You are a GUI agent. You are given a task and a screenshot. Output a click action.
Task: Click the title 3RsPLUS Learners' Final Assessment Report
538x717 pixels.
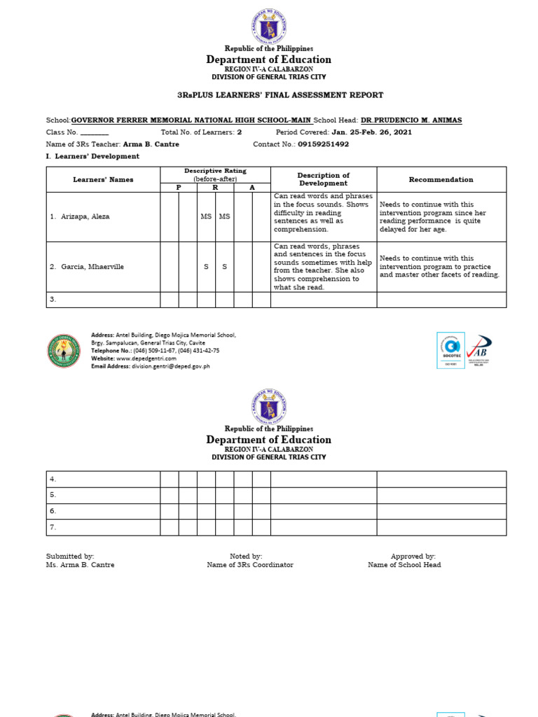268,95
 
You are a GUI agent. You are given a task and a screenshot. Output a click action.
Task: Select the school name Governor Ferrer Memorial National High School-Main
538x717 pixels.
191,120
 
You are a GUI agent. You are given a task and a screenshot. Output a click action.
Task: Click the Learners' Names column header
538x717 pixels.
103,180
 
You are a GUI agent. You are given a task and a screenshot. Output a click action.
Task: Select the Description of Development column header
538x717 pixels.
323,179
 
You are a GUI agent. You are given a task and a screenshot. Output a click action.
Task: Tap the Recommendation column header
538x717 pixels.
441,180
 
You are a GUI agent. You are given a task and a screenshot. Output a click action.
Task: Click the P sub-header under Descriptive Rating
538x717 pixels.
178,188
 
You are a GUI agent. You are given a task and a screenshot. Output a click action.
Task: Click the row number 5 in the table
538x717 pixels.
53,495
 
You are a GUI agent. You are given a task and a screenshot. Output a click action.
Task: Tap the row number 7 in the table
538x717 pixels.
53,527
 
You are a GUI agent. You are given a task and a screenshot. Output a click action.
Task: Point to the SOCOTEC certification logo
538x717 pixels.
449,350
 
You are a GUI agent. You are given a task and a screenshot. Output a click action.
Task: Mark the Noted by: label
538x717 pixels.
246,556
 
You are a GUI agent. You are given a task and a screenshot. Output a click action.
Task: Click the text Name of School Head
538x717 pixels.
404,565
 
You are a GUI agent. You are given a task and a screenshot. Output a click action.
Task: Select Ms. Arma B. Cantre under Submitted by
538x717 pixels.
80,565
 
